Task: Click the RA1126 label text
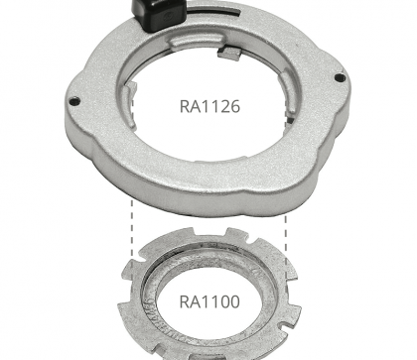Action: coord(209,106)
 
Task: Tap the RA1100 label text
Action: coord(209,301)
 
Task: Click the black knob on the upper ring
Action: coord(158,14)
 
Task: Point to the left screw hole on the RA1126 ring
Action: coord(75,101)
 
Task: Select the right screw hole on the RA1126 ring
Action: coord(340,78)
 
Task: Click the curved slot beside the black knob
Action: coord(211,13)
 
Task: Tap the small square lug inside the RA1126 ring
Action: coord(229,54)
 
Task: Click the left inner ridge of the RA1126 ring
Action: coord(130,105)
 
